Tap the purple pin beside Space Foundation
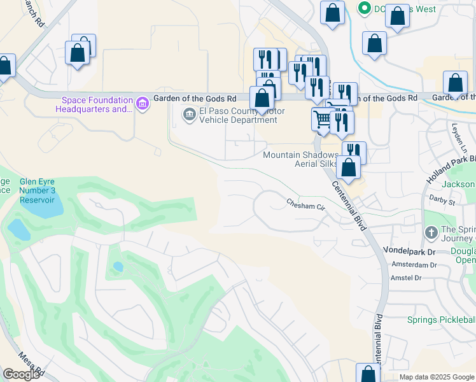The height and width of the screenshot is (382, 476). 142,103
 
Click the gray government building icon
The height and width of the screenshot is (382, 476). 189,115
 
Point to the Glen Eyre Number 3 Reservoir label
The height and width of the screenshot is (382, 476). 37,190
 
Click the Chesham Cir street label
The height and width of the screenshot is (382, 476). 305,205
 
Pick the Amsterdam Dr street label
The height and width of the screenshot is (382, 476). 414,264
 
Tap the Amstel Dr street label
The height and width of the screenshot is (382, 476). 406,278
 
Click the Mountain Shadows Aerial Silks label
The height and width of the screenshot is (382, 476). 300,159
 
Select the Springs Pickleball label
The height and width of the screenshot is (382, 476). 442,320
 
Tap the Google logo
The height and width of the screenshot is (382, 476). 20,374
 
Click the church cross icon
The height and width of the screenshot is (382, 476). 431,233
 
